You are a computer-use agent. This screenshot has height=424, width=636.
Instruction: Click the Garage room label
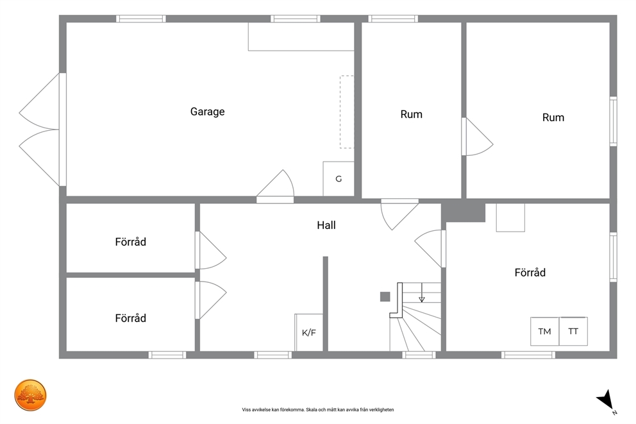point(207,112)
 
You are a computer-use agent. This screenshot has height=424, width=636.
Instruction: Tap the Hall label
point(326,225)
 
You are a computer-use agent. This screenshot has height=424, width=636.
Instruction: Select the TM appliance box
point(545,332)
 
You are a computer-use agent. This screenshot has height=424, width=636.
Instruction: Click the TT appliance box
point(573,332)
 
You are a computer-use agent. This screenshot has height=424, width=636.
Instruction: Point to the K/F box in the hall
point(309,332)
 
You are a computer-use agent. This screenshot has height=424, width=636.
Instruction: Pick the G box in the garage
point(339,178)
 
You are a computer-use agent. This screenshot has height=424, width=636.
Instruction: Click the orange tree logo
point(30,395)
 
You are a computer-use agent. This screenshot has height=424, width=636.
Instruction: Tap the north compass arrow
point(606,399)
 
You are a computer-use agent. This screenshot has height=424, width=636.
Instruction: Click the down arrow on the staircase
point(422,293)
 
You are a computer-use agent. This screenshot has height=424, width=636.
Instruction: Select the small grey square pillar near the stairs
point(385,296)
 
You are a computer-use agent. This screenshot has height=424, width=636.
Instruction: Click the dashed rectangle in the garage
point(347,112)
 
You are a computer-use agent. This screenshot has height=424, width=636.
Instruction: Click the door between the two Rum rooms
point(477,137)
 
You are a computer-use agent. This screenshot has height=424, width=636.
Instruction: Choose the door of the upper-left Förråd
point(210,250)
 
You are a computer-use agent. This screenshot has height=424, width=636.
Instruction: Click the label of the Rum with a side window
point(553,117)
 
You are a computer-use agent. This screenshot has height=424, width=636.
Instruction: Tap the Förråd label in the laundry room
point(530,272)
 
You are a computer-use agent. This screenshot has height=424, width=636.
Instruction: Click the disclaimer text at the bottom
point(318,410)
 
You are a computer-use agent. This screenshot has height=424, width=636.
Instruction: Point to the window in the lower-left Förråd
point(167,355)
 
